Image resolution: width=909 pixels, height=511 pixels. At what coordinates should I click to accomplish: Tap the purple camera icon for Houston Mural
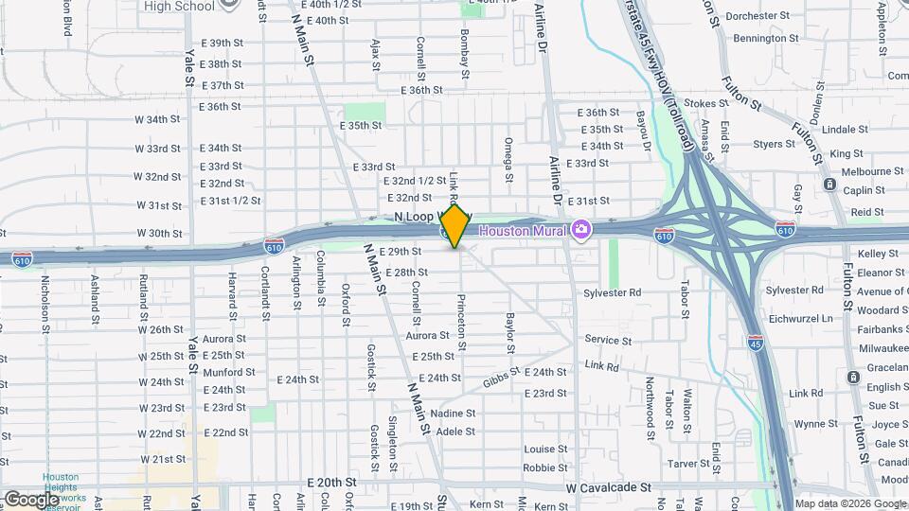coord(580,230)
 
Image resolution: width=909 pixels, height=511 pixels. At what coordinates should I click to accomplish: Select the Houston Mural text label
coord(524,231)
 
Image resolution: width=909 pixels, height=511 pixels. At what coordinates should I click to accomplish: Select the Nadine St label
coord(452,414)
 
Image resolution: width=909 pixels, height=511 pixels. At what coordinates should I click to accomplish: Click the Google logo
coord(31,499)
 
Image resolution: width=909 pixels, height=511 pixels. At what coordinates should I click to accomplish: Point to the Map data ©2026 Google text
coord(848,503)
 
